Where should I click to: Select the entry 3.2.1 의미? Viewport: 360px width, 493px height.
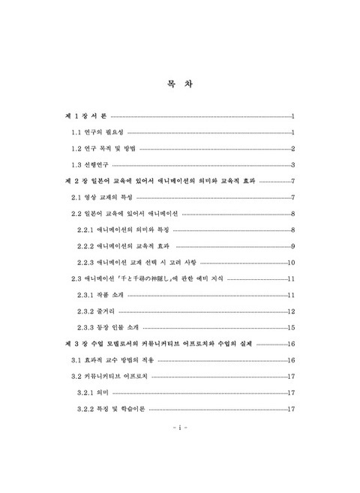coord(94,392)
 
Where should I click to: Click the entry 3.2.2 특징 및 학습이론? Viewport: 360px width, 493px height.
coord(111,409)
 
